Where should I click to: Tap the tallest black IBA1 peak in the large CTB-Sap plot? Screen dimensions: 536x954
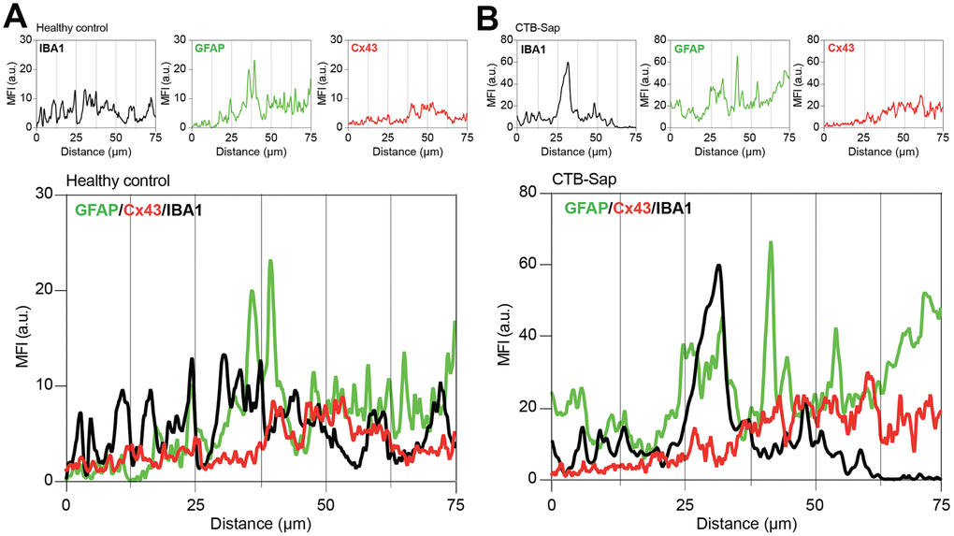pos(718,266)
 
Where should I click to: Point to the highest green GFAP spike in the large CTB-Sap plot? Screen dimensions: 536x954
pos(771,242)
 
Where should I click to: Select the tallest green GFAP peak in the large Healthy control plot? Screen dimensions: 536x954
pos(271,261)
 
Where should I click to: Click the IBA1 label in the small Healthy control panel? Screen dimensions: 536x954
pos(52,44)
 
